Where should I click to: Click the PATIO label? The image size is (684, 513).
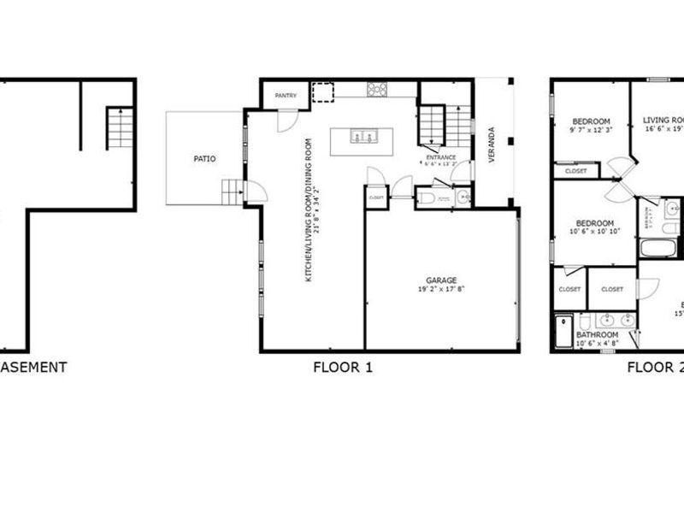(204, 159)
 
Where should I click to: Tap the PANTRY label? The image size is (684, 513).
(285, 97)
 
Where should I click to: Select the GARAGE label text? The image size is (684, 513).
(442, 280)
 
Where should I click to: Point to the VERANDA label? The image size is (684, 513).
(491, 145)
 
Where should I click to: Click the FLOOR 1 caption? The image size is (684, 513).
(343, 368)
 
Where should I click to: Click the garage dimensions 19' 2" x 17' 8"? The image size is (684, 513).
(442, 289)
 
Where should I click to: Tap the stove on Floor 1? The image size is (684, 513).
(377, 88)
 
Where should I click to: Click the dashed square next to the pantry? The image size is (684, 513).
(322, 91)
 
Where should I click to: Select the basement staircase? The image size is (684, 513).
(120, 128)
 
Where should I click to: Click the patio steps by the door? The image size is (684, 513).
(232, 192)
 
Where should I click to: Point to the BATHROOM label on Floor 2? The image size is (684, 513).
(597, 335)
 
